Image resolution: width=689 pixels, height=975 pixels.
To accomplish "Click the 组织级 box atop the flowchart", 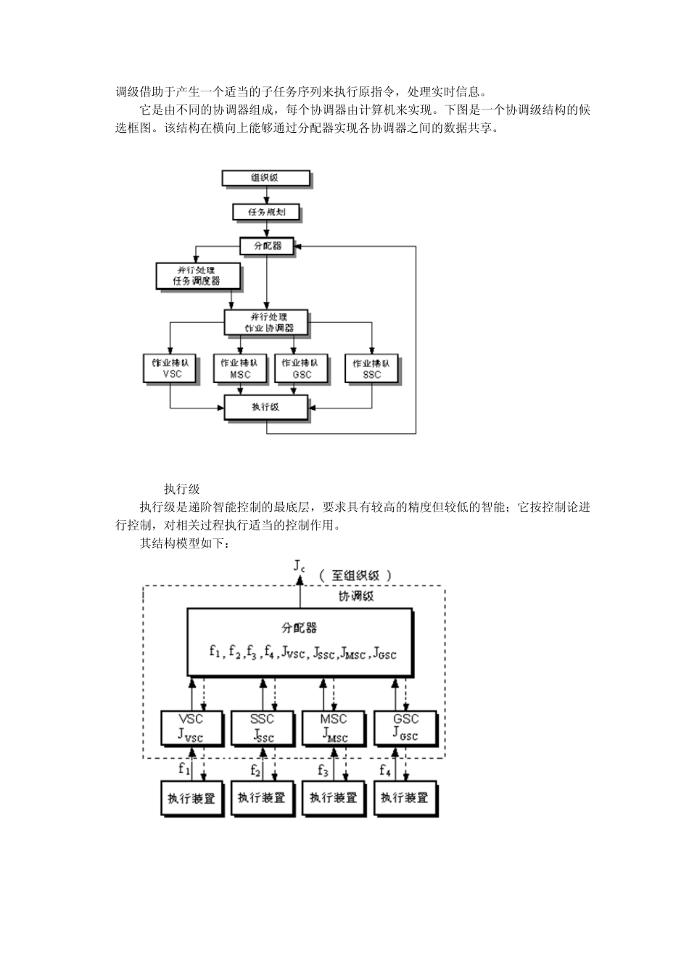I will tap(265, 178).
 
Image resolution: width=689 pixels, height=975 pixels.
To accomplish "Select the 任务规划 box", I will tap(266, 213).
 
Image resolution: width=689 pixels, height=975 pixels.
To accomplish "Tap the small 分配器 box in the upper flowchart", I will tap(267, 246).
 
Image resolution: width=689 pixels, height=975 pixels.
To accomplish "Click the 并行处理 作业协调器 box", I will tap(267, 322).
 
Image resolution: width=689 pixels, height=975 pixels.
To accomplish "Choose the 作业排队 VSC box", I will tap(171, 368).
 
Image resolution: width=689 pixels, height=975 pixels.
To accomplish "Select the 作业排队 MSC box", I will tap(239, 368).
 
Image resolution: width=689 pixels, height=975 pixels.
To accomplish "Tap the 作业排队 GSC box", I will tap(301, 368).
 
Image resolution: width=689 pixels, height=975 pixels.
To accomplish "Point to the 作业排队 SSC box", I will tap(371, 368).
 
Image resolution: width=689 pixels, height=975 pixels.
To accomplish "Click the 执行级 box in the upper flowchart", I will tap(265, 407).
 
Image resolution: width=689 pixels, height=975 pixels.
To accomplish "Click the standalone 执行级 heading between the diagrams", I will tap(181, 490).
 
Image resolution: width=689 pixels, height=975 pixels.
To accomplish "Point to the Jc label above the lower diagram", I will tap(299, 566).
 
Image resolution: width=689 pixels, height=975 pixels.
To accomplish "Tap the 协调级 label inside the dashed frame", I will tap(357, 596).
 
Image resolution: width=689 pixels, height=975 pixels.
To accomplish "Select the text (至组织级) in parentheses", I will tap(355, 575).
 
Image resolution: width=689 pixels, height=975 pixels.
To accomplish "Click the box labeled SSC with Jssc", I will tap(262, 728).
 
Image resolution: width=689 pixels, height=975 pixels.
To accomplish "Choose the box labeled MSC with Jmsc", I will tap(333, 728).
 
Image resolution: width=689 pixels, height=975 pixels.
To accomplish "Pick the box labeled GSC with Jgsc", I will tap(405, 728).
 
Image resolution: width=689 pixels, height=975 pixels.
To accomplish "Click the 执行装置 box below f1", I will tap(191, 798).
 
